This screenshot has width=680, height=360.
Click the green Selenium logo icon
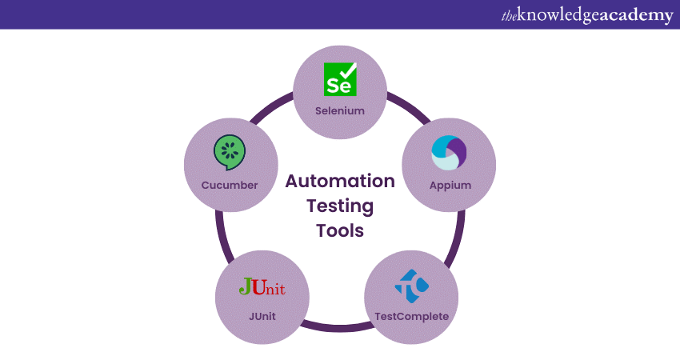pos(340,79)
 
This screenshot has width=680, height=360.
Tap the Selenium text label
pos(340,110)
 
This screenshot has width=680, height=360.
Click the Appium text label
pos(449,185)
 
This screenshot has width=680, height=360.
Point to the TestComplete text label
pos(411,316)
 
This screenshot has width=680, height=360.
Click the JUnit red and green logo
pos(262,287)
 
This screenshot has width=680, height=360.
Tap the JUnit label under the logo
pos(262,316)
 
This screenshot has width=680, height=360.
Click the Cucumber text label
pos(230,185)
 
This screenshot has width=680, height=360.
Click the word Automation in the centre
pos(340,181)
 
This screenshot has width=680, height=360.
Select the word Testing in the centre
pos(340,206)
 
